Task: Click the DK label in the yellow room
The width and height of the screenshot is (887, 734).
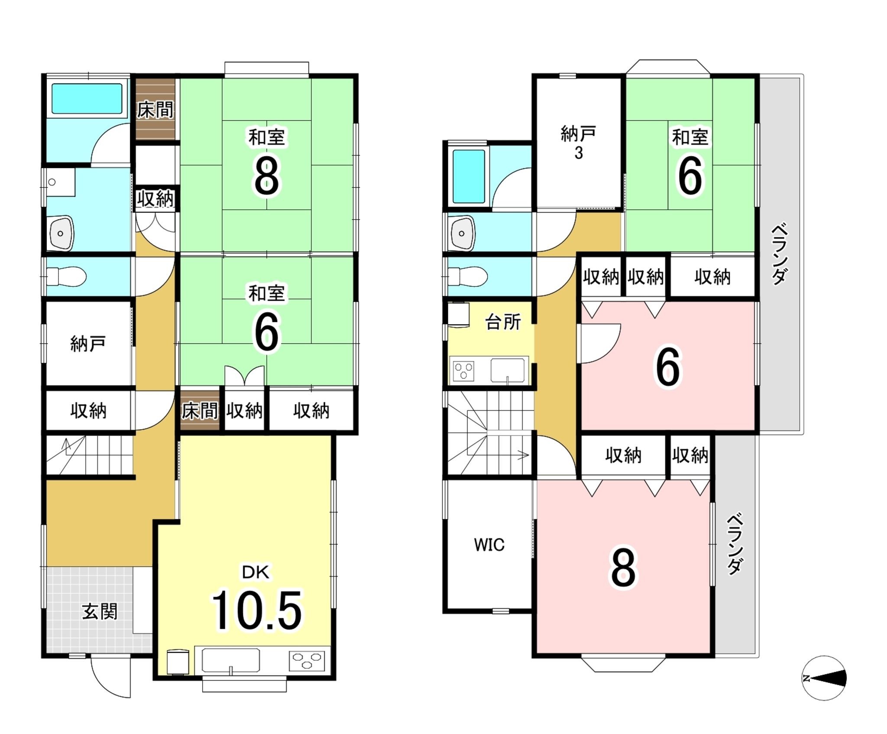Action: [256, 572]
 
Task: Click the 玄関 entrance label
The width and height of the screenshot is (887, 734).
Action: [100, 612]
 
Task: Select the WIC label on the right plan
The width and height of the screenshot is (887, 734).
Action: [489, 545]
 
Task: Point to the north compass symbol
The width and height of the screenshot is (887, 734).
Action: [824, 678]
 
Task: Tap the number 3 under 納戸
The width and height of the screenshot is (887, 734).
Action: [579, 153]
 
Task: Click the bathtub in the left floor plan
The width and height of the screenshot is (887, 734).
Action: [87, 99]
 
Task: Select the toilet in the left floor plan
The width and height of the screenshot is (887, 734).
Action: [66, 276]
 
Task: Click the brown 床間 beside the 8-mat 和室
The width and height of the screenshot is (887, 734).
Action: [155, 109]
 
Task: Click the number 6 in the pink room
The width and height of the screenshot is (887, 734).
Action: [668, 367]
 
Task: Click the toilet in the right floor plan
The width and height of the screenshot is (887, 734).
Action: [467, 276]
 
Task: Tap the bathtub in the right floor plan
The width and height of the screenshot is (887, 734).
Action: [469, 176]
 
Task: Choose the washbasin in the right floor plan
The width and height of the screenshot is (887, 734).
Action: [463, 233]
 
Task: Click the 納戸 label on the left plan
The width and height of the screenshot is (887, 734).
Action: [88, 344]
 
